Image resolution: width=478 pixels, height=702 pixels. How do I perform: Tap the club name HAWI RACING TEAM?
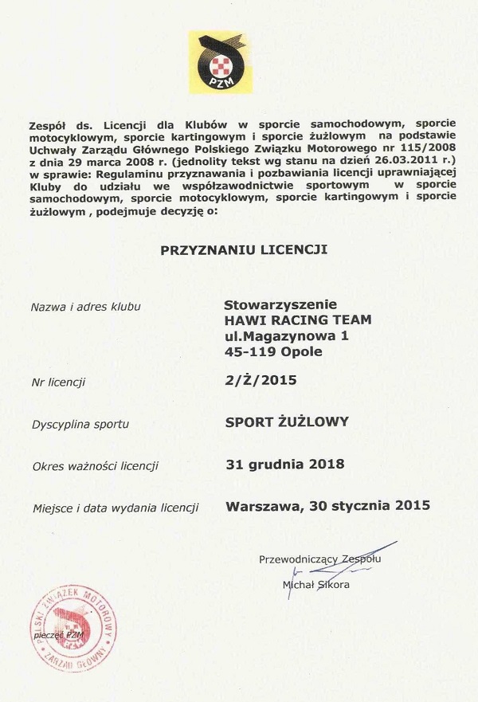point(297,320)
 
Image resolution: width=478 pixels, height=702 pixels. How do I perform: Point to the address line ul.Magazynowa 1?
point(286,336)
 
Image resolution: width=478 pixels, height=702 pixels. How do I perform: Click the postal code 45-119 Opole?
point(273,351)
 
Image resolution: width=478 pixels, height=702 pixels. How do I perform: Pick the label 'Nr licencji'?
point(58,382)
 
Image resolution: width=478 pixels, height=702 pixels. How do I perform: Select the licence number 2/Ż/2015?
point(261,380)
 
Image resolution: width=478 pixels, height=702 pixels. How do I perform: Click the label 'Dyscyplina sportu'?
point(80,424)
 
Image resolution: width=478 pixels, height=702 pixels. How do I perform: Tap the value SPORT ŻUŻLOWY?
point(287,422)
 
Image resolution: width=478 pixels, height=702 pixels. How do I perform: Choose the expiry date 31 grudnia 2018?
point(284,464)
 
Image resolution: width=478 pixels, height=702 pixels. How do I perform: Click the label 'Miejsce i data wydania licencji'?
point(115,508)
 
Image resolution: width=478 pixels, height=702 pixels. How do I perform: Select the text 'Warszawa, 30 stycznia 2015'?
point(327,505)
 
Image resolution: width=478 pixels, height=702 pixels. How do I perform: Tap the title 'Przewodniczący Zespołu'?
point(319,559)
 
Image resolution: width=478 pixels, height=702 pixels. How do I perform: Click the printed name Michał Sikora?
point(316,585)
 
